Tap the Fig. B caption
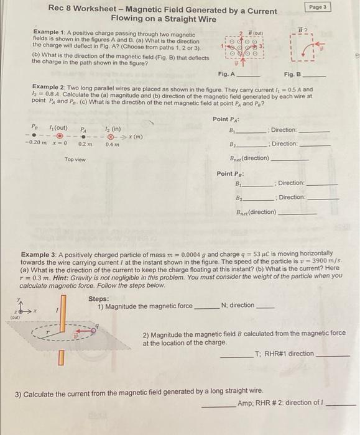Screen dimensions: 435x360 (292, 75)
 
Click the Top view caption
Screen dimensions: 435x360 (75, 160)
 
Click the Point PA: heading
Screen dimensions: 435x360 (225, 119)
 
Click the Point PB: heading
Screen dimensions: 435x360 (229, 173)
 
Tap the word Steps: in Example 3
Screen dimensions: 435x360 (99, 298)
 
